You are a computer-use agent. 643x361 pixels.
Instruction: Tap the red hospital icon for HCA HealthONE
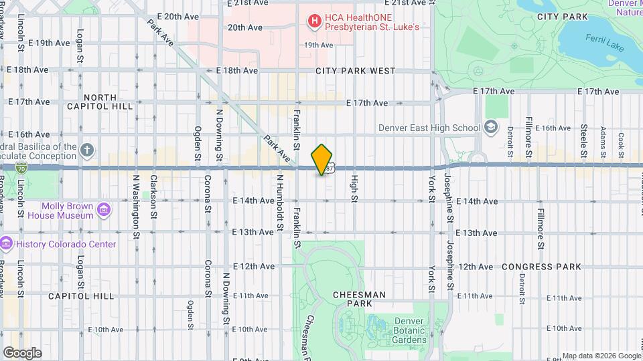313,22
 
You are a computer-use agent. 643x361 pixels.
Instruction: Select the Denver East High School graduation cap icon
491,128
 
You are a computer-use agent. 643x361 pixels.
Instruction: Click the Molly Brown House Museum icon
103,211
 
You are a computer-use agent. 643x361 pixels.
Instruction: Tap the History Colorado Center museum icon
7,244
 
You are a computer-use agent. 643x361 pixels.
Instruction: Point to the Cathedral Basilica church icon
87,151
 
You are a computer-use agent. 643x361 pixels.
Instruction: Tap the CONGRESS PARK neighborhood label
541,266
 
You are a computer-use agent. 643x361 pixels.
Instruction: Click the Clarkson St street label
153,197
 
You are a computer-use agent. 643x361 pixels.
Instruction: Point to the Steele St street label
583,136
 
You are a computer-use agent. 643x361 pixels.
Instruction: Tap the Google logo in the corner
22,353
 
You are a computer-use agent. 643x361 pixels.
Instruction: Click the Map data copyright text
600,356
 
